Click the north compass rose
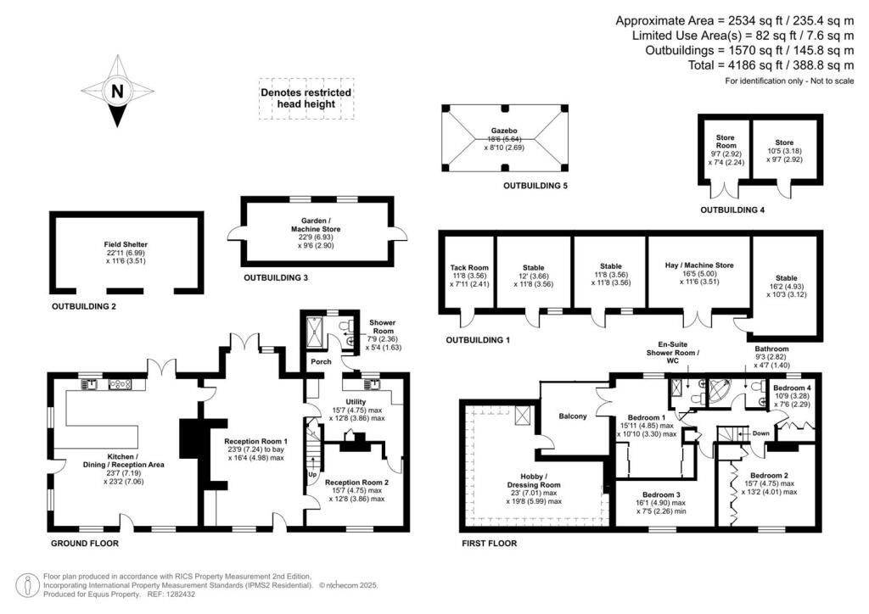117,92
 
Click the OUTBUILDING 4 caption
732,209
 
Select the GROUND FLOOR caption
84,543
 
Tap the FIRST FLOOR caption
489,544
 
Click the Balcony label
573,416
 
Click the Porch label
320,361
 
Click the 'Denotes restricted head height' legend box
305,98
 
